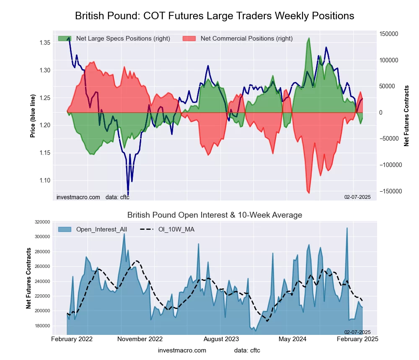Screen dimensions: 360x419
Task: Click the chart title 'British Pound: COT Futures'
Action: [215, 16]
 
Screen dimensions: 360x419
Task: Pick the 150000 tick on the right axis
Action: [389, 34]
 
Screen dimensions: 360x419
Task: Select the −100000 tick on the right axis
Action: [390, 165]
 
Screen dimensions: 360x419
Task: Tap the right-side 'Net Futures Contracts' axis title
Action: [406, 116]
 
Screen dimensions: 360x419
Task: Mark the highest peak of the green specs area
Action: [309, 38]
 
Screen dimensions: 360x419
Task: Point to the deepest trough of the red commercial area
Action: [309, 193]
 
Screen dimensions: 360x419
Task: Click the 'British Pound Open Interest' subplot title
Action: [215, 215]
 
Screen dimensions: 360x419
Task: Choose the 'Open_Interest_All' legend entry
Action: [101, 229]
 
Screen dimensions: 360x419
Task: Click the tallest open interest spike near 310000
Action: [347, 228]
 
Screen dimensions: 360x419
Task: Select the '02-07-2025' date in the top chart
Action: [357, 197]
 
